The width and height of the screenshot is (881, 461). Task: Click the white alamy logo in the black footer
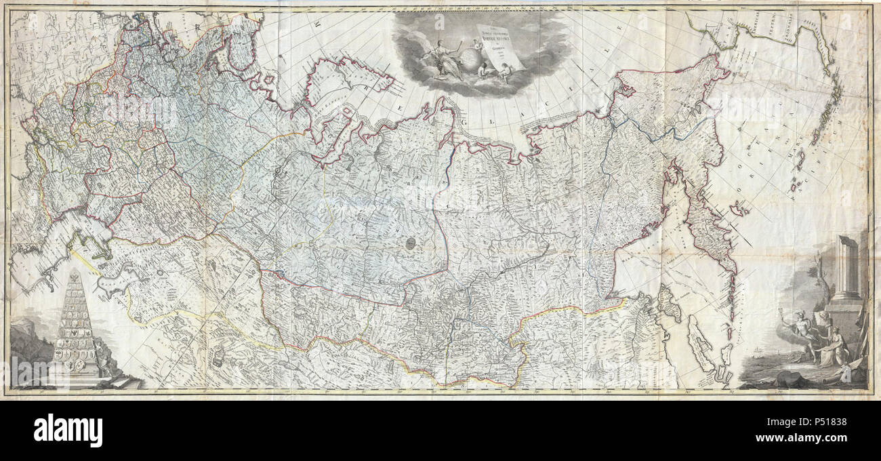point(68,430)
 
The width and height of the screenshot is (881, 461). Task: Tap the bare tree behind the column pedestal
point(817,285)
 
